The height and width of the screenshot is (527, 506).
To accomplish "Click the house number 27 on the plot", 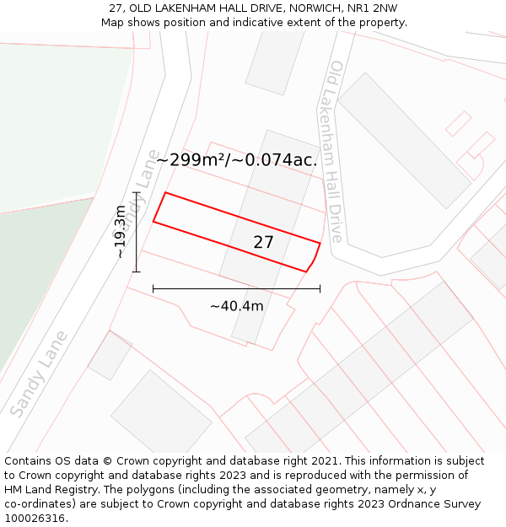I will pyautogui.click(x=263, y=243).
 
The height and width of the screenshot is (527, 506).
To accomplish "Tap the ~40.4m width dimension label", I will pyautogui.click(x=236, y=306).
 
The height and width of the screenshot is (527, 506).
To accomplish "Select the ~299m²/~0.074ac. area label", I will pyautogui.click(x=237, y=159).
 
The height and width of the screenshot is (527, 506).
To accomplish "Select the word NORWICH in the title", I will pyautogui.click(x=312, y=8).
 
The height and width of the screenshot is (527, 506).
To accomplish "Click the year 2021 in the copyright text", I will pyautogui.click(x=325, y=461).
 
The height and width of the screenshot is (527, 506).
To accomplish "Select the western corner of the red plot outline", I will pyautogui.click(x=153, y=222).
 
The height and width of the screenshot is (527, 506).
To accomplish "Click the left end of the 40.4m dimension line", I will pyautogui.click(x=153, y=289).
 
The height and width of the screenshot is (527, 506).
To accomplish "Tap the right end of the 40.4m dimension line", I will pyautogui.click(x=320, y=289).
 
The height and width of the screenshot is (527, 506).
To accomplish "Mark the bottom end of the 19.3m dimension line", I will pyautogui.click(x=137, y=272).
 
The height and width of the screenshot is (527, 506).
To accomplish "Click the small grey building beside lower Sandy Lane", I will pyautogui.click(x=110, y=355).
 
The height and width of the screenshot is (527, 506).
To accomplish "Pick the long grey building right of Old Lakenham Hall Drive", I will pyautogui.click(x=404, y=140).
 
